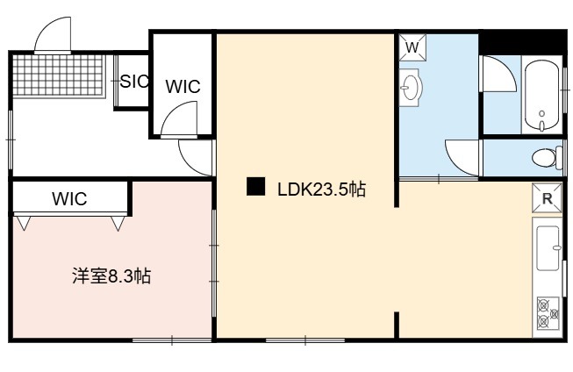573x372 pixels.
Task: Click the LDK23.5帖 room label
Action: pos(321,190)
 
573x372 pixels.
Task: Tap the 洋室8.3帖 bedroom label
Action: pos(111,275)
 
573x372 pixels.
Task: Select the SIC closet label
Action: pos(134,81)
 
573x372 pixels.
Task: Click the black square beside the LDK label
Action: pos(256,186)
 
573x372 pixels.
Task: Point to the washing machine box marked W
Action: pos(412,47)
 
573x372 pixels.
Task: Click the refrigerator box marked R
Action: pos(547,198)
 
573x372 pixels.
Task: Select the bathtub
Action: pos(542,96)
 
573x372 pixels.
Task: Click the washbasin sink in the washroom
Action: pos(411,88)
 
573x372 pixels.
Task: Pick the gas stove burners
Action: pos(548,312)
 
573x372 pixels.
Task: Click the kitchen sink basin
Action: pos(548,248)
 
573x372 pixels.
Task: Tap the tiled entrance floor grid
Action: pos(59,75)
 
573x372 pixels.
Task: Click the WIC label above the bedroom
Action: pos(69,198)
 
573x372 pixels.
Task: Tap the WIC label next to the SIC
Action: pos(183,86)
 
